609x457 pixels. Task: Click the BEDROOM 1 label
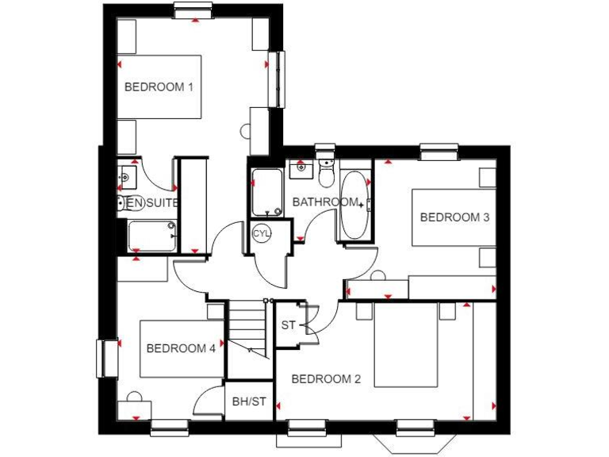pyautogui.click(x=159, y=86)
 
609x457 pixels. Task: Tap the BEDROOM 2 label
pyautogui.click(x=326, y=379)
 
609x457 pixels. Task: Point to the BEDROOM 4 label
pyautogui.click(x=181, y=348)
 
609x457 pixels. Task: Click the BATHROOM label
pyautogui.click(x=324, y=202)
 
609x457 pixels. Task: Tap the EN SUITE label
pyautogui.click(x=152, y=203)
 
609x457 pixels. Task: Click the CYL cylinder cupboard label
pyautogui.click(x=262, y=233)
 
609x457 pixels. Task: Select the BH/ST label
pyautogui.click(x=249, y=402)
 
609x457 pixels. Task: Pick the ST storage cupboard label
pyautogui.click(x=288, y=325)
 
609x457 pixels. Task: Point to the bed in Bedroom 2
pyautogui.click(x=406, y=345)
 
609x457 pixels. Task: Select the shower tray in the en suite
pyautogui.click(x=152, y=235)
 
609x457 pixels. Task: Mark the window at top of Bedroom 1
pyautogui.click(x=194, y=10)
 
